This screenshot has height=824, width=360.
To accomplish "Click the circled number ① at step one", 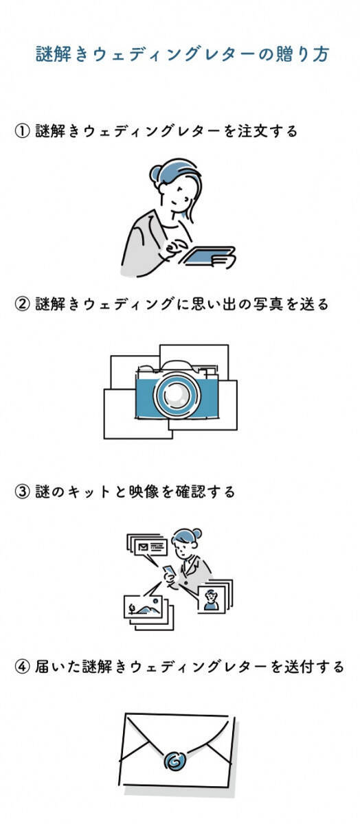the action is pyautogui.click(x=22, y=131).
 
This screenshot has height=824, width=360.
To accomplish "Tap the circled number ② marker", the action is pyautogui.click(x=22, y=304).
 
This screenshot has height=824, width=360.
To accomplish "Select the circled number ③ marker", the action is pyautogui.click(x=22, y=492).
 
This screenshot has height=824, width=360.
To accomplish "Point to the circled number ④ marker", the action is pyautogui.click(x=22, y=667).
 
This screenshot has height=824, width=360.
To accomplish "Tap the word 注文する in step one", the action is pyautogui.click(x=268, y=131).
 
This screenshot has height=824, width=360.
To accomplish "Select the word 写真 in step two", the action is pyautogui.click(x=268, y=304).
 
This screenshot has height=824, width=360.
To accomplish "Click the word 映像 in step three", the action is pyautogui.click(x=144, y=492).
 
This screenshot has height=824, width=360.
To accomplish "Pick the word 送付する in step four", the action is pyautogui.click(x=314, y=667).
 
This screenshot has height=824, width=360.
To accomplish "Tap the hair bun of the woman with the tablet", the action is pyautogui.click(x=156, y=173).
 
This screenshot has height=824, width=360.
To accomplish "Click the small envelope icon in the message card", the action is pyautogui.click(x=144, y=548).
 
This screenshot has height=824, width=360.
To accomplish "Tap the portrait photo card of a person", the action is pyautogui.click(x=212, y=599).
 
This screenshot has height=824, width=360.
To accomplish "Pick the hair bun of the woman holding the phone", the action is pyautogui.click(x=197, y=534).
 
